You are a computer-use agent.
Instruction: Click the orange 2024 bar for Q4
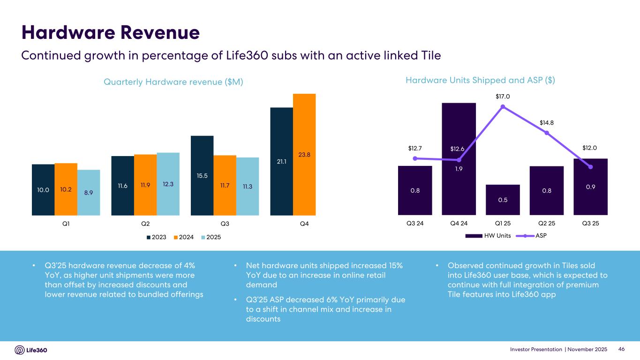click(304, 154)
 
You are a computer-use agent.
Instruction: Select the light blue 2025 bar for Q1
click(89, 192)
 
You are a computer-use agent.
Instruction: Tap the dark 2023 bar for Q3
click(202, 175)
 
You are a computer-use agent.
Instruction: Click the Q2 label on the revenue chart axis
click(145, 224)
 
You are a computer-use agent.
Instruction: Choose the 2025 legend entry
click(211, 237)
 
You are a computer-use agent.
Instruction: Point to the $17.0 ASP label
click(503, 97)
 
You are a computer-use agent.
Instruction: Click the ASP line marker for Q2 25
click(547, 133)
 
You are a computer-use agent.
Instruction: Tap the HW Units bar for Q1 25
click(503, 200)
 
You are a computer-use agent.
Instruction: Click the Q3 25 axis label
click(590, 223)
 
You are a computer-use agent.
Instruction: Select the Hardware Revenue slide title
click(111, 32)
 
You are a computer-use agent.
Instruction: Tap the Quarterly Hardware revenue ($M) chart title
click(174, 82)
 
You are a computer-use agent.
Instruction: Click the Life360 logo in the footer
click(31, 350)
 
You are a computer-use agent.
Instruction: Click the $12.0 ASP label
click(589, 148)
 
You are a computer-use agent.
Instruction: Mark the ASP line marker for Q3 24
click(415, 158)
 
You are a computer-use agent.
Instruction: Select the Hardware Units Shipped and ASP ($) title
click(480, 80)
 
